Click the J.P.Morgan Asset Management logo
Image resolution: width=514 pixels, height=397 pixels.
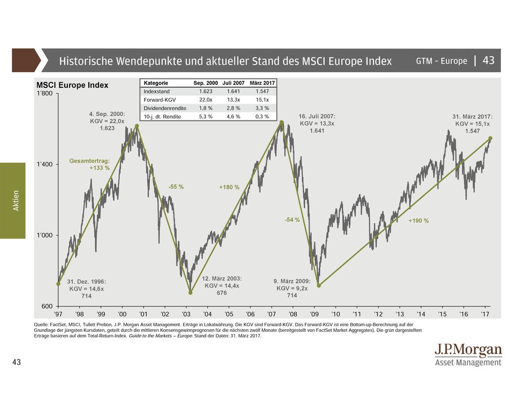[x=468, y=354]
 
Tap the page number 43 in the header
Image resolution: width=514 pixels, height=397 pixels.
[x=488, y=61]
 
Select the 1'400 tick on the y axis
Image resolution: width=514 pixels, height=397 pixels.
[x=46, y=164]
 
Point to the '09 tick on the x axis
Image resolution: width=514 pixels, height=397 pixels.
[x=314, y=314]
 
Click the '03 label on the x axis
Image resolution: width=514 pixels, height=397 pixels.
[x=186, y=314]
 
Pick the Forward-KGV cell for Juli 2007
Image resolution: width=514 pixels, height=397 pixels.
[x=233, y=99]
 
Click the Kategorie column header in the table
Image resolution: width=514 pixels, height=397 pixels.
[x=156, y=83]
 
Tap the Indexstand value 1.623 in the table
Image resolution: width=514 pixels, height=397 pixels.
[x=205, y=91]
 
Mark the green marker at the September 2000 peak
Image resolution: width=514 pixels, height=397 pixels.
[x=137, y=125]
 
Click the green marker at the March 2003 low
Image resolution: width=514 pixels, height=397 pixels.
[x=190, y=293]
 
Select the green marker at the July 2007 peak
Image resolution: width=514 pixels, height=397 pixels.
[x=282, y=122]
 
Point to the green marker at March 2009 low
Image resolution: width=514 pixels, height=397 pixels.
[x=318, y=286]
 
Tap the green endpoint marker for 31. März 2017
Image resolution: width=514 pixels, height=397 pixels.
[x=490, y=138]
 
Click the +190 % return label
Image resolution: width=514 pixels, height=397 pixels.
[x=418, y=221]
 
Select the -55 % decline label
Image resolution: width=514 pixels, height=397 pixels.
[x=176, y=187]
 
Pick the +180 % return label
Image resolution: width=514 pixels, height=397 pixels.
[x=229, y=187]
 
